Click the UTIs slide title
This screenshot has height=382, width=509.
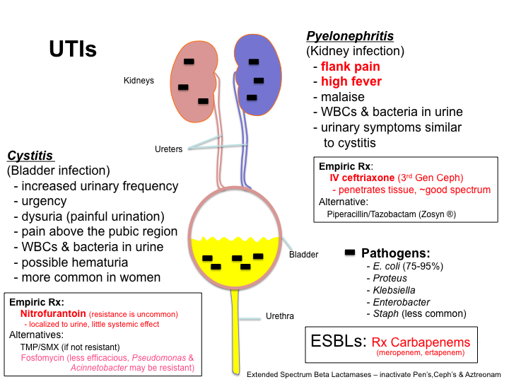click(73, 50)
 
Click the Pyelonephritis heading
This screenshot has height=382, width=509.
click(350, 36)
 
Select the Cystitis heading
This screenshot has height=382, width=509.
click(30, 156)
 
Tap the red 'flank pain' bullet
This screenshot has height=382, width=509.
click(351, 66)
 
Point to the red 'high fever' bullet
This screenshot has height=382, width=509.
click(351, 81)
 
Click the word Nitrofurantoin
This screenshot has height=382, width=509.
click(53, 313)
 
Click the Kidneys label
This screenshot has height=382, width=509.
click(139, 81)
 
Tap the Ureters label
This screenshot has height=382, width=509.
click(169, 149)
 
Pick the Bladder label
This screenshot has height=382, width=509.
click(304, 254)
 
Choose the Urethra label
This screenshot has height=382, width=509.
click(280, 316)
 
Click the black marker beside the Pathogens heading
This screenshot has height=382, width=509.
click(349, 253)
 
